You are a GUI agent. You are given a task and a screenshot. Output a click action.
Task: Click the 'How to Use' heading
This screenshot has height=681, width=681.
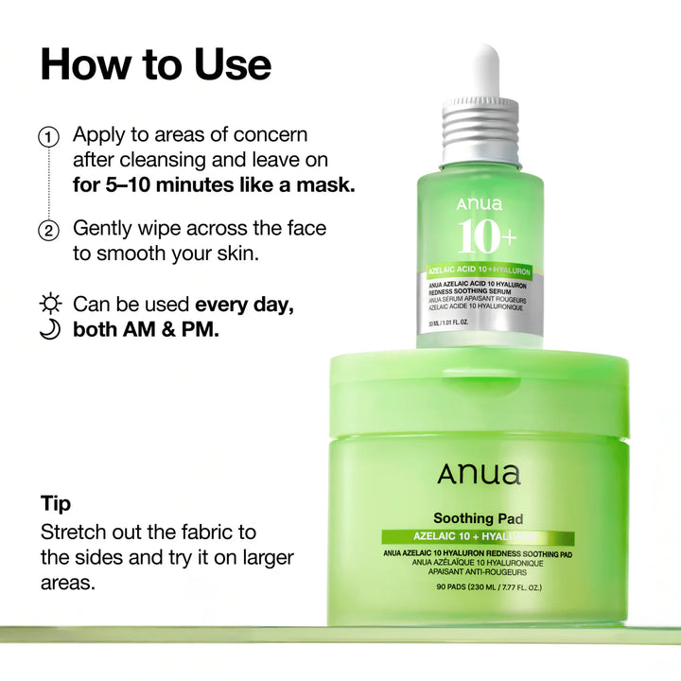(155, 64)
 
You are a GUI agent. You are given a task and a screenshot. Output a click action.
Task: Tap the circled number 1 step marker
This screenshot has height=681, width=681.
(49, 137)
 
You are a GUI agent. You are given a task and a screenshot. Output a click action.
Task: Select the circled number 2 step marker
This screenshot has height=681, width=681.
(49, 231)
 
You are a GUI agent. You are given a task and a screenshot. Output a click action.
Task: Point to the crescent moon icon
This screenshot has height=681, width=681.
(50, 330)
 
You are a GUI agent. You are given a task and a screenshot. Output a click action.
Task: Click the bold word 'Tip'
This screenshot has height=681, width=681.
(56, 503)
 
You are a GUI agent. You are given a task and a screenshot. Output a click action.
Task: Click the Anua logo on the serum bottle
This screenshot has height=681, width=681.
(480, 204)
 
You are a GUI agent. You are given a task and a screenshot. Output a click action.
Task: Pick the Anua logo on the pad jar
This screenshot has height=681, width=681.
(479, 474)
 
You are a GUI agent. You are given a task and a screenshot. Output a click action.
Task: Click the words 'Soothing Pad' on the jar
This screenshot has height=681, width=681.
(479, 518)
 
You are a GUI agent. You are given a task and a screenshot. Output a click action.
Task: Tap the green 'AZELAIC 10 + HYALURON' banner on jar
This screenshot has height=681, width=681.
(479, 537)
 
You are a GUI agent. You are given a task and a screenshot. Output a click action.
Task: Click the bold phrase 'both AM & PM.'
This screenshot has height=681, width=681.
(146, 331)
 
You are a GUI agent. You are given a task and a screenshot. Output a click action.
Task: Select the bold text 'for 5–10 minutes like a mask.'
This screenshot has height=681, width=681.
(214, 184)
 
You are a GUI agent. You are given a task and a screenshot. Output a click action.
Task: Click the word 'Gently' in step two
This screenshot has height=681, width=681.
(104, 229)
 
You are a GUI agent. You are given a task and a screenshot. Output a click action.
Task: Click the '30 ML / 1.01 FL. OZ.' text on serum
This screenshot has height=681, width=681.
(456, 323)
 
